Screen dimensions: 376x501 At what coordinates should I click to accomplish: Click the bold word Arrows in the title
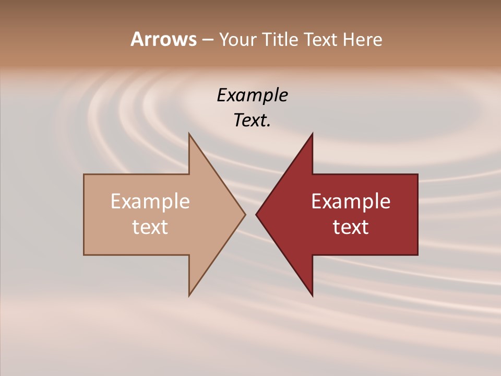point(163,39)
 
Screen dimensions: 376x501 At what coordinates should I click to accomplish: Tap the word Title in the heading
point(280,39)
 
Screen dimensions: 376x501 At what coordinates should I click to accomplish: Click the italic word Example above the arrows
point(252,96)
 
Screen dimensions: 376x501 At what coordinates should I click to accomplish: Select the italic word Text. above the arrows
point(252,121)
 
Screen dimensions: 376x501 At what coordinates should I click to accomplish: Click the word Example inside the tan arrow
point(150,201)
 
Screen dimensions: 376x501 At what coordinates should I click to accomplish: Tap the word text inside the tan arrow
point(150,227)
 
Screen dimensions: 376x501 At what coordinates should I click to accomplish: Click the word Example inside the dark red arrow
point(351,201)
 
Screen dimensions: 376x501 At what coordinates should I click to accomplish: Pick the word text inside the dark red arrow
point(351,227)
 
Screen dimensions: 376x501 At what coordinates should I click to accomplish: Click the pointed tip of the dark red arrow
point(257,214)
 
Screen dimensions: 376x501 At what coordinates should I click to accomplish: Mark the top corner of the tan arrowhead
point(189,134)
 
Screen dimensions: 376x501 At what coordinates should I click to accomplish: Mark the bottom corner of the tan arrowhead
point(189,295)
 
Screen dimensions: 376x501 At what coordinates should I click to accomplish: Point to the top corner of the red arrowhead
point(312,134)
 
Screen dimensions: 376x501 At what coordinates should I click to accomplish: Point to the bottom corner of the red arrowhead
point(312,295)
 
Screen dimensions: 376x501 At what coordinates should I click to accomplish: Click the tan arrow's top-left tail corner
point(85,175)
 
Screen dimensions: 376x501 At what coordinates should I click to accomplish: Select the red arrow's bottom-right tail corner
point(417,254)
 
